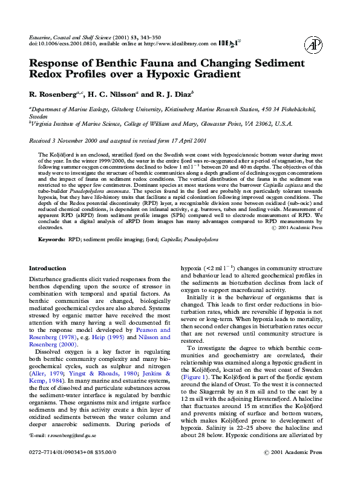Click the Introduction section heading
point(48,268)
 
